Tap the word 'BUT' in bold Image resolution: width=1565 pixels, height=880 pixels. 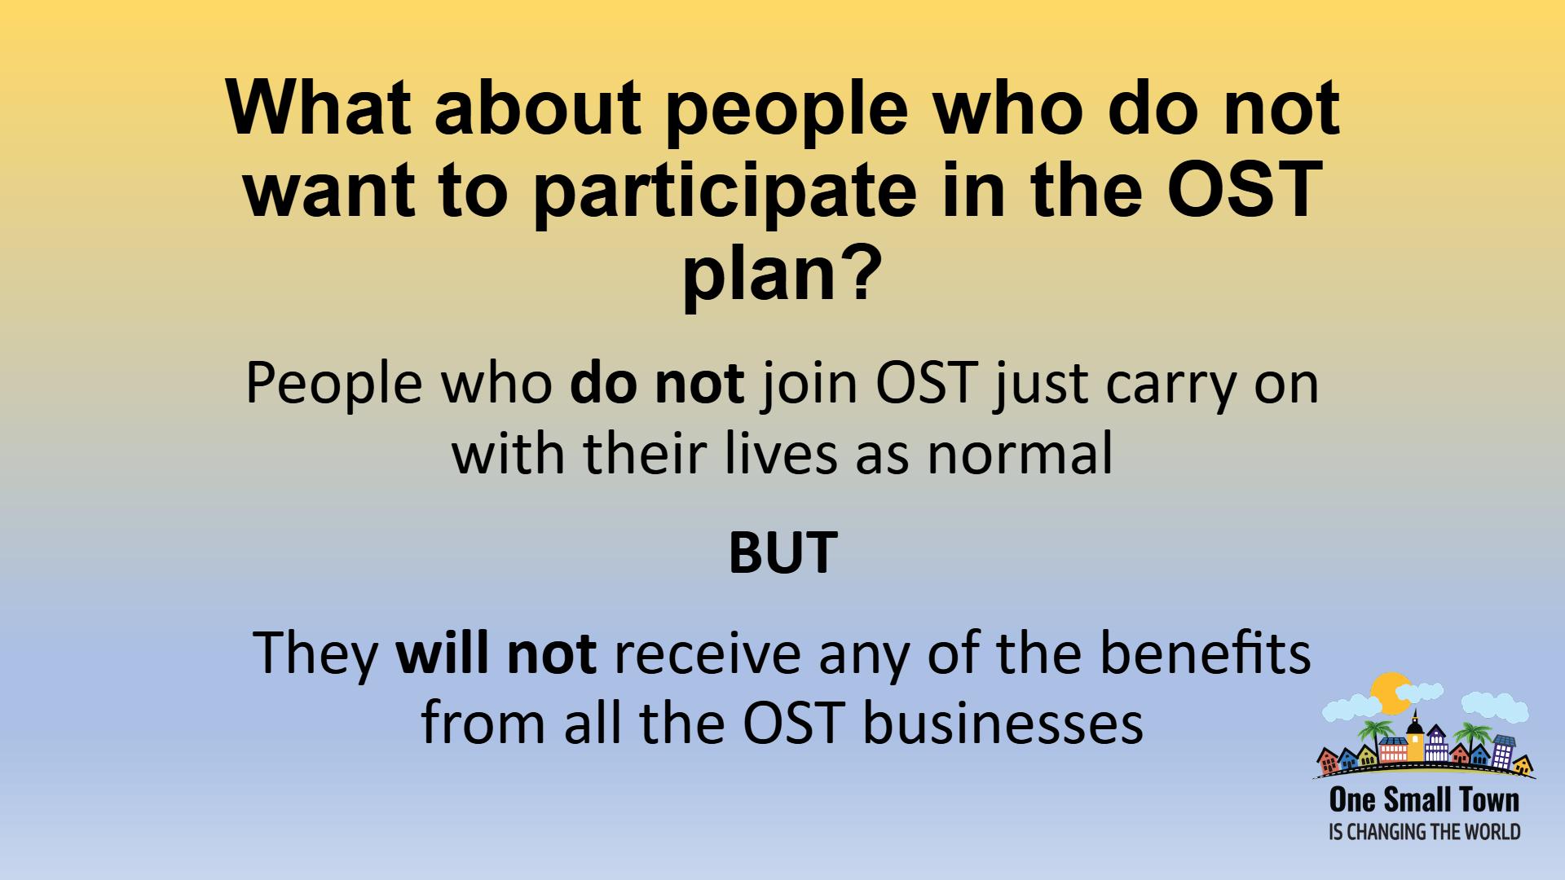[x=782, y=552]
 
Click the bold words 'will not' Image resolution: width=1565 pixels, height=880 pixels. [x=496, y=653]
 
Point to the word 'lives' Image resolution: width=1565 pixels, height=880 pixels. [x=781, y=454]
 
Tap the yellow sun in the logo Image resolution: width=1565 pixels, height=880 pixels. [x=1389, y=693]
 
